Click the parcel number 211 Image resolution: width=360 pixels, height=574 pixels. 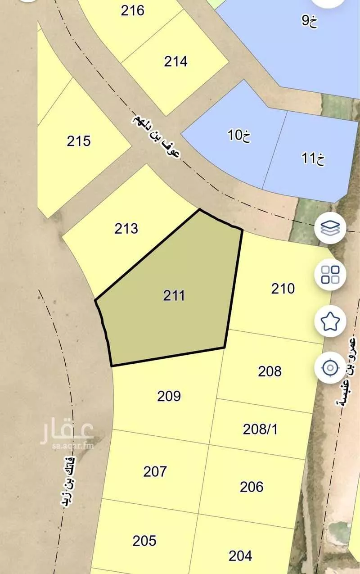(174, 296)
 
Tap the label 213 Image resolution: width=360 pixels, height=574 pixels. (126, 229)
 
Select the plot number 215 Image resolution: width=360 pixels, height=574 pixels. (79, 141)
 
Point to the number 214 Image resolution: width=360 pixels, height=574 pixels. (175, 61)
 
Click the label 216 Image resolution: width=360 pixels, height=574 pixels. (132, 10)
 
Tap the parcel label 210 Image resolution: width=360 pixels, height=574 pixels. (283, 288)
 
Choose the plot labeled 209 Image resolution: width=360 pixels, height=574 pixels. (169, 396)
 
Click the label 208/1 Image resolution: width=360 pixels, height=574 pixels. (260, 429)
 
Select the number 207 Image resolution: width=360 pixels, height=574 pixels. (155, 471)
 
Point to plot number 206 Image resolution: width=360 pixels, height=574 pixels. (252, 487)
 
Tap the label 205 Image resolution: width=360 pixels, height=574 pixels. (144, 540)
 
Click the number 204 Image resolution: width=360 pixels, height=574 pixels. (240, 556)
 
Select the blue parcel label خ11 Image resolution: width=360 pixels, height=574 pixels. (313, 158)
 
